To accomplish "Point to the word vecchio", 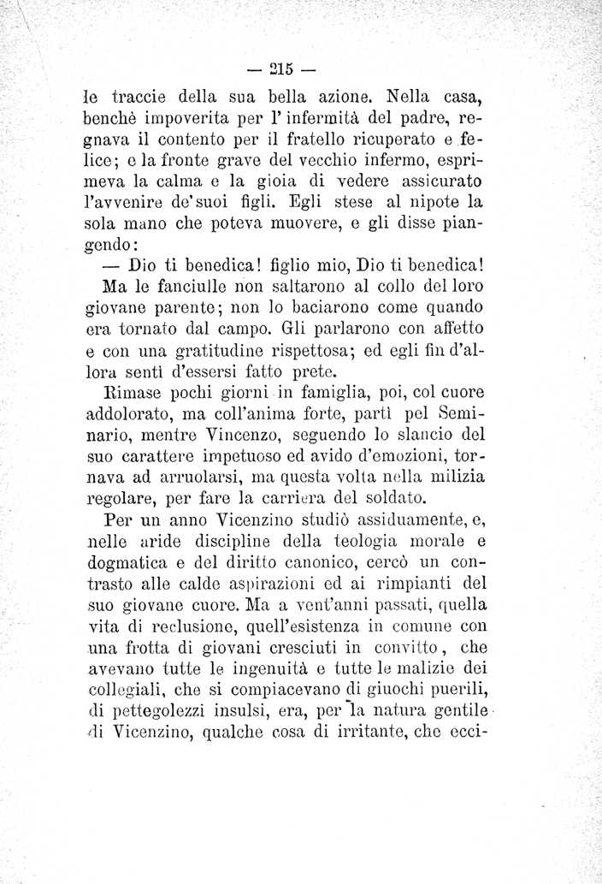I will (307, 158).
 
